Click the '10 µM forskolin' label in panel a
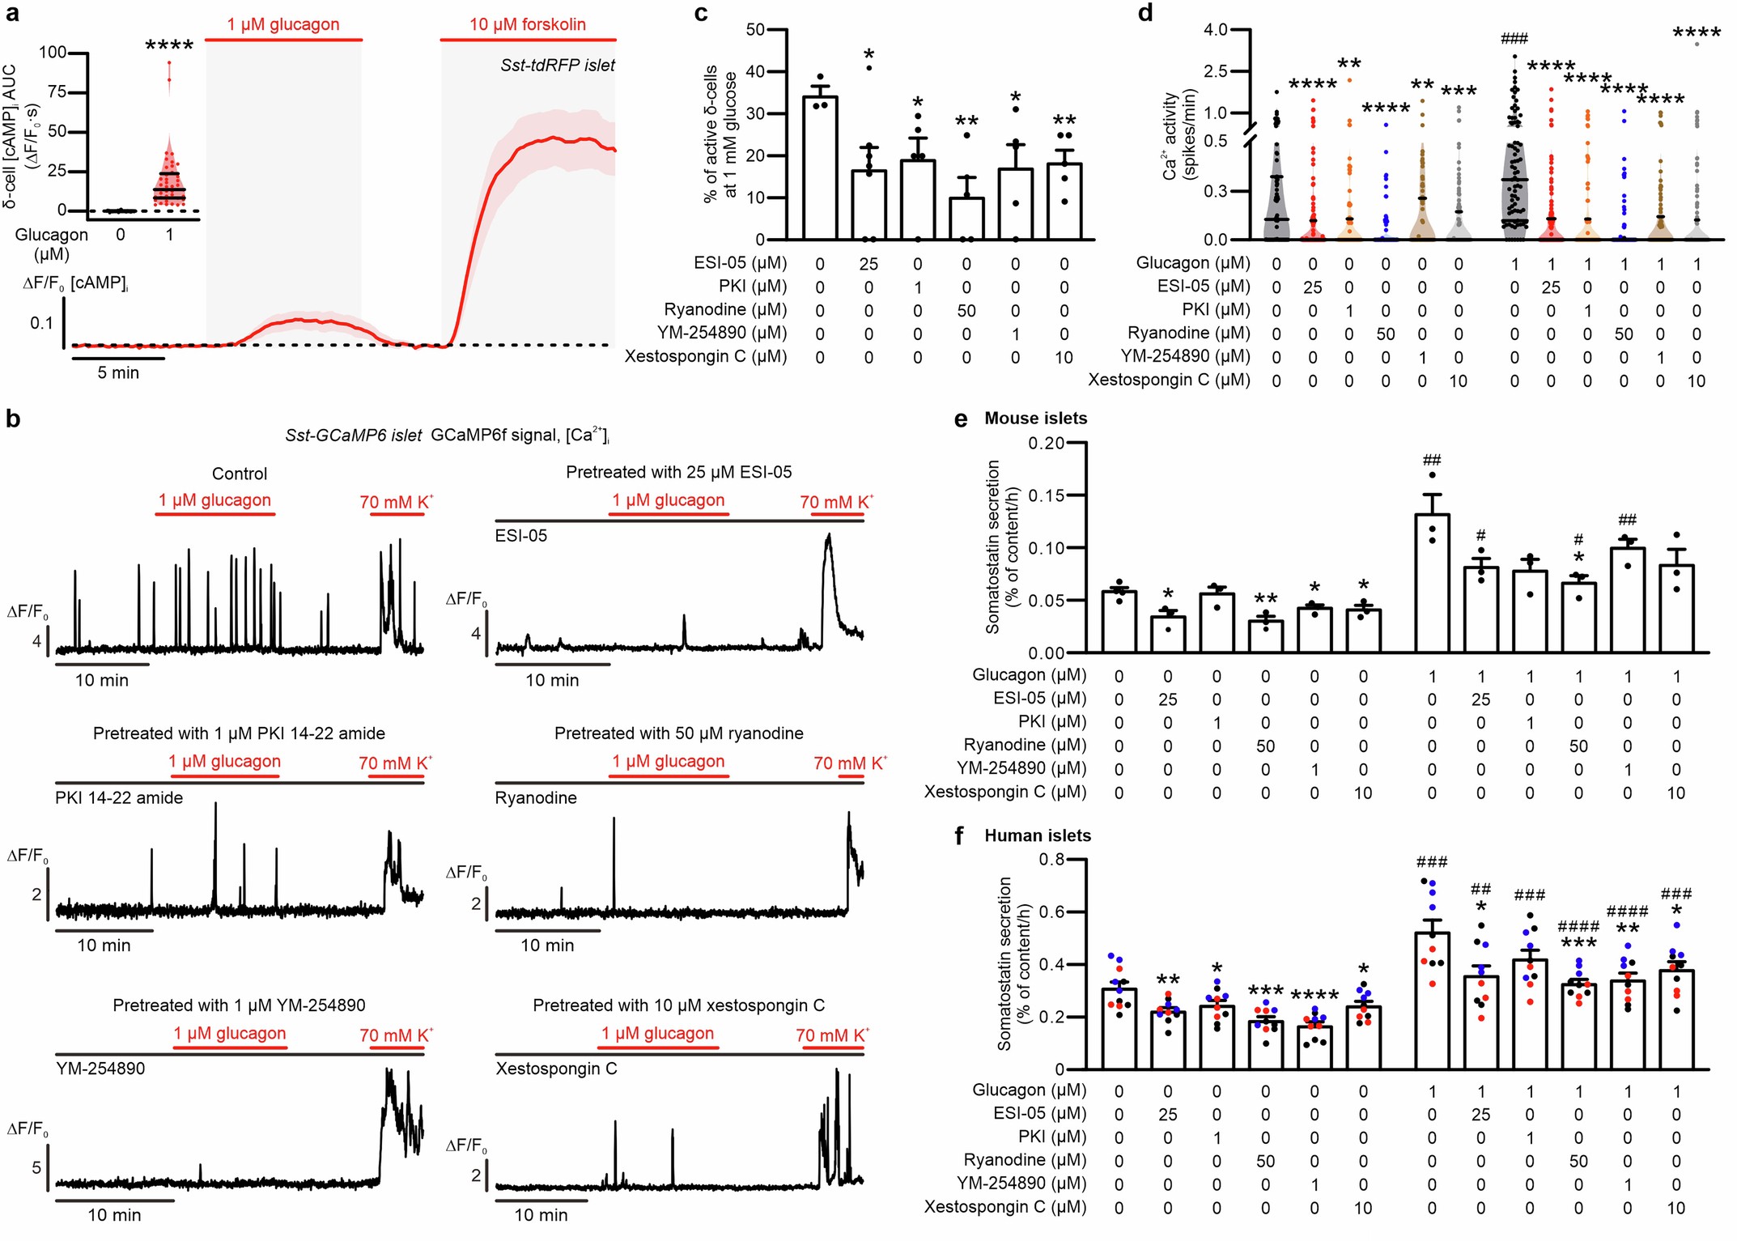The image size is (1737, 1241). (527, 24)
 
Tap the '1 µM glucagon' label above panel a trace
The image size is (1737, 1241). (282, 24)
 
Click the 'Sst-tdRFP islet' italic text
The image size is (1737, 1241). (557, 66)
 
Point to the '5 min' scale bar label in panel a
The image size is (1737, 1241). (118, 373)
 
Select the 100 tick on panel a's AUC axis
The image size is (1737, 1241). (53, 53)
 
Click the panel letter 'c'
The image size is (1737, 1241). (701, 13)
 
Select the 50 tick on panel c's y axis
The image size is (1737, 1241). (754, 30)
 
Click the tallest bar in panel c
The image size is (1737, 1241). (819, 168)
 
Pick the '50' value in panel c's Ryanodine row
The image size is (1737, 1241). (966, 311)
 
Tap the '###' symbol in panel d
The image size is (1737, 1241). (1514, 38)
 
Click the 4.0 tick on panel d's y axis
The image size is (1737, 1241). (1216, 30)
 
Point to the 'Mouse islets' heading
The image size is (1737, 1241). (1035, 419)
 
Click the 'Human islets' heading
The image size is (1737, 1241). (1037, 836)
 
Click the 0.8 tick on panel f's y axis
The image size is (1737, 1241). (1051, 860)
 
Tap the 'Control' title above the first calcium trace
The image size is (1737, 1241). (239, 474)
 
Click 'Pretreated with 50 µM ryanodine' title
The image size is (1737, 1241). (678, 733)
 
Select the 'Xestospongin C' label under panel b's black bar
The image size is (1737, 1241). (556, 1069)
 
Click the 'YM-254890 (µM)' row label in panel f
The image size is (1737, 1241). (1021, 1184)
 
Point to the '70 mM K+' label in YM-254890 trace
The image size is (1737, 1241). (396, 1035)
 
